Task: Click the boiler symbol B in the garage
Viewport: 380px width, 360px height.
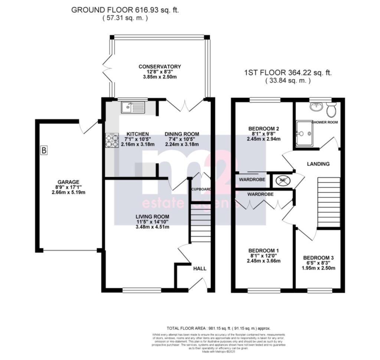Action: [x=44, y=151]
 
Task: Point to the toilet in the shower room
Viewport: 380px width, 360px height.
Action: [x=331, y=110]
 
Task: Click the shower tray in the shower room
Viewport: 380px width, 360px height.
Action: [x=304, y=133]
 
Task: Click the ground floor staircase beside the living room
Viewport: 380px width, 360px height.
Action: [x=200, y=222]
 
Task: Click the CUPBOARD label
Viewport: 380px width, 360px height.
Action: [x=202, y=189]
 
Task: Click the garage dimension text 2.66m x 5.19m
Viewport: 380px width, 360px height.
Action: [x=71, y=193]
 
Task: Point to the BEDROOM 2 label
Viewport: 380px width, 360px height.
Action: [x=263, y=129]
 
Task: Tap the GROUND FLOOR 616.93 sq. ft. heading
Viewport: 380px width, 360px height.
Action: [x=125, y=10]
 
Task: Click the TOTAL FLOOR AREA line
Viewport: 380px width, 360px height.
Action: [x=219, y=328]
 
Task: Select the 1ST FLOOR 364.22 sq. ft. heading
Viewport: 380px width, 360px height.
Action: [x=288, y=73]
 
